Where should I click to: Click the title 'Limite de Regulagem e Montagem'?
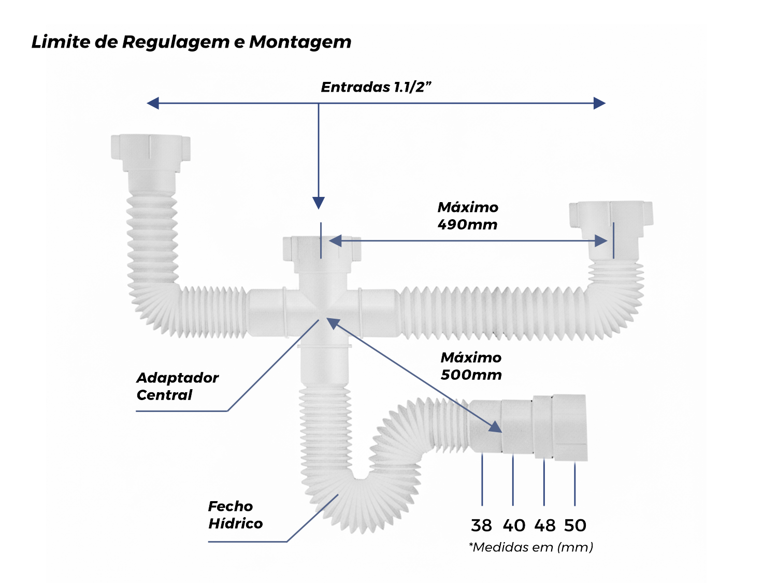[191, 42]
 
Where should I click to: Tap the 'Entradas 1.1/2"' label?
[376, 87]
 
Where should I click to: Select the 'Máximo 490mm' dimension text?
[467, 216]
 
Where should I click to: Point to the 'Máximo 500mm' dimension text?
[471, 366]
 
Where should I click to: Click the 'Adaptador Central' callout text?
[177, 386]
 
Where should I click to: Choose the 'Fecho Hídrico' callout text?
[235, 515]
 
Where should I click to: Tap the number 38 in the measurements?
[481, 525]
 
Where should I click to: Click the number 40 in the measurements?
[514, 525]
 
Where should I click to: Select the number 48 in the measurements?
[545, 525]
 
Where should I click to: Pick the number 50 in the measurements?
[575, 525]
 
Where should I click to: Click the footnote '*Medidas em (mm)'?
[531, 547]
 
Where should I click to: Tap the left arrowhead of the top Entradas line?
[153, 103]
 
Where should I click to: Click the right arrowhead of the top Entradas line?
[599, 103]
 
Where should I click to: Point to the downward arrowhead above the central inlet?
[319, 203]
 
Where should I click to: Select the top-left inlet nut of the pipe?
[150, 147]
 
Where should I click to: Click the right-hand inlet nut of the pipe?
[611, 214]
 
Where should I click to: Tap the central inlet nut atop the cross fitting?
[322, 248]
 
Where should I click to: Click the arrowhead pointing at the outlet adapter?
[495, 426]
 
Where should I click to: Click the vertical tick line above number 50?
[574, 484]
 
